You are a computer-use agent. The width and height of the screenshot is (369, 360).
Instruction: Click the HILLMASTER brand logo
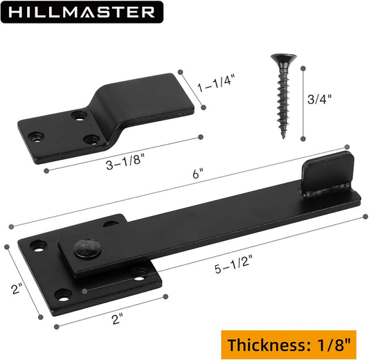(x=82, y=12)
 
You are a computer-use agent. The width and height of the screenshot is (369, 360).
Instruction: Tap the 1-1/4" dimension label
(x=216, y=83)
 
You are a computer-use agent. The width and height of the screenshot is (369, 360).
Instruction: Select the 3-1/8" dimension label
(x=125, y=161)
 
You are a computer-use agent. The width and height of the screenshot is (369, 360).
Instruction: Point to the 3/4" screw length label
(x=319, y=99)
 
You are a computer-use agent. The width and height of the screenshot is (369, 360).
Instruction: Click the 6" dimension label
(x=198, y=174)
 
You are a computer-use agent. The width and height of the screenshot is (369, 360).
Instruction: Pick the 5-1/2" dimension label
(x=233, y=264)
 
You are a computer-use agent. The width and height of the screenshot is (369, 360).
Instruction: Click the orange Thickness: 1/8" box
(x=289, y=345)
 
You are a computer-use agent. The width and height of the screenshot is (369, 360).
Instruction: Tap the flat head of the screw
(x=284, y=58)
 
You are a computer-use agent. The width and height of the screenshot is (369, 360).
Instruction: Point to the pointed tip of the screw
(x=284, y=137)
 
